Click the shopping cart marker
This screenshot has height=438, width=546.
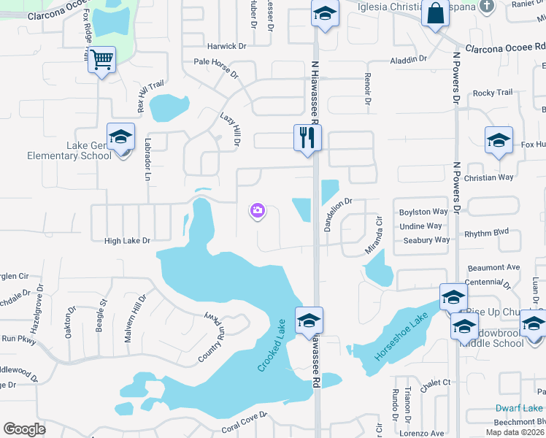click(102, 60)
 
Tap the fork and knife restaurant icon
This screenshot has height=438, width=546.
click(307, 137)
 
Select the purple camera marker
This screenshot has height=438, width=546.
click(257, 211)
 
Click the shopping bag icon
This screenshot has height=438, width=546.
click(436, 14)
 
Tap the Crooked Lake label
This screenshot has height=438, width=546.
click(271, 345)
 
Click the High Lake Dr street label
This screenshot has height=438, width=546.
click(127, 240)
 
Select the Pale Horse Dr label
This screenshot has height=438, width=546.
click(216, 68)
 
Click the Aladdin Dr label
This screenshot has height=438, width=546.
click(408, 59)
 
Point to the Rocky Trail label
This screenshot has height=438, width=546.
click(493, 93)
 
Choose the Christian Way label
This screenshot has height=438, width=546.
click(489, 177)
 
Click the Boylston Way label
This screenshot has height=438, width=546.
click(423, 212)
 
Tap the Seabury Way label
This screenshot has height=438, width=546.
click(426, 239)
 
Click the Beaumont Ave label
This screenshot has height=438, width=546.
click(493, 268)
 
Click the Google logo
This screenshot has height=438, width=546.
click(24, 429)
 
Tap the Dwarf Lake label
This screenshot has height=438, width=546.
click(519, 408)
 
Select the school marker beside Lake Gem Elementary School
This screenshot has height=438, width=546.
click(121, 137)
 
